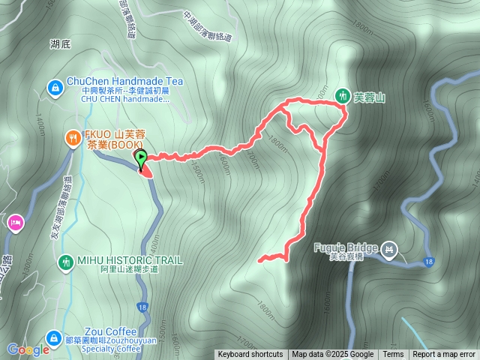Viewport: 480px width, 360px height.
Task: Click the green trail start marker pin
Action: point(140,157)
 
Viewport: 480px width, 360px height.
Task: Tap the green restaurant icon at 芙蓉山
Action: point(342,95)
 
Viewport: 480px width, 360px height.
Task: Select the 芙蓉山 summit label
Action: point(369,97)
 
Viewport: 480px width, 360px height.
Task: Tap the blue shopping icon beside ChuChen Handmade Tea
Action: point(55,88)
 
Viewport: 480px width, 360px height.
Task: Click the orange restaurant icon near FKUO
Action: point(73,137)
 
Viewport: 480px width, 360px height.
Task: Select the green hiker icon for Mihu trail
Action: point(65,261)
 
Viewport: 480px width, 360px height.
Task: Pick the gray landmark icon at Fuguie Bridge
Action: point(389,248)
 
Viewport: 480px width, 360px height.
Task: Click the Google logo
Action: point(28,349)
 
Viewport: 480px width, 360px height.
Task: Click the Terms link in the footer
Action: point(393,355)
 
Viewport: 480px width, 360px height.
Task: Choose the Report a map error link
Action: point(444,355)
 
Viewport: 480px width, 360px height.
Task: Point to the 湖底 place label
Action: point(60,44)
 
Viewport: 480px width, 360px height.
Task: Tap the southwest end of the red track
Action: point(259,260)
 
